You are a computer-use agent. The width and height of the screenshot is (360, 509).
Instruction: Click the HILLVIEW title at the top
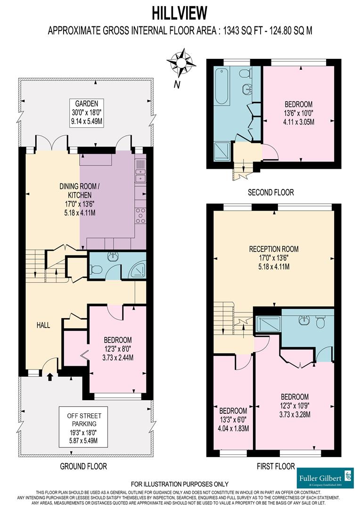tap(180, 12)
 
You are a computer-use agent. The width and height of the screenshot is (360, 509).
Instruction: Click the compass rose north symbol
tap(181, 62)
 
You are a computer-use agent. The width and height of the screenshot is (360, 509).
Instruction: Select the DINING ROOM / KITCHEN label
tap(75, 199)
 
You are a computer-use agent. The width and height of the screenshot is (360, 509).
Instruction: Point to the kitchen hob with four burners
tap(140, 215)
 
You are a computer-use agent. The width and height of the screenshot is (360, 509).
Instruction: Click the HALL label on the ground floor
tap(43, 325)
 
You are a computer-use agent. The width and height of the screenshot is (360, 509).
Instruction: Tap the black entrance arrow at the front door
tap(51, 376)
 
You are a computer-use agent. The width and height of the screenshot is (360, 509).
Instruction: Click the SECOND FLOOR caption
tap(270, 192)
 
